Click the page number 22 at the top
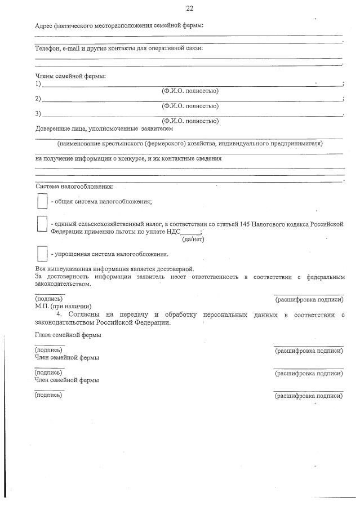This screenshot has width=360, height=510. (189, 8)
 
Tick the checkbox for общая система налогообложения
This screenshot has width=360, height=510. (41, 201)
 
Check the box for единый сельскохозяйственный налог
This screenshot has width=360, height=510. (41, 225)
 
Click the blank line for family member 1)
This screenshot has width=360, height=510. (192, 85)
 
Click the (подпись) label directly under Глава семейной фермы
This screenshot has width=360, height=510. (48, 350)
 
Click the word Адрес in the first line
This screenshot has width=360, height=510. (46, 25)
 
